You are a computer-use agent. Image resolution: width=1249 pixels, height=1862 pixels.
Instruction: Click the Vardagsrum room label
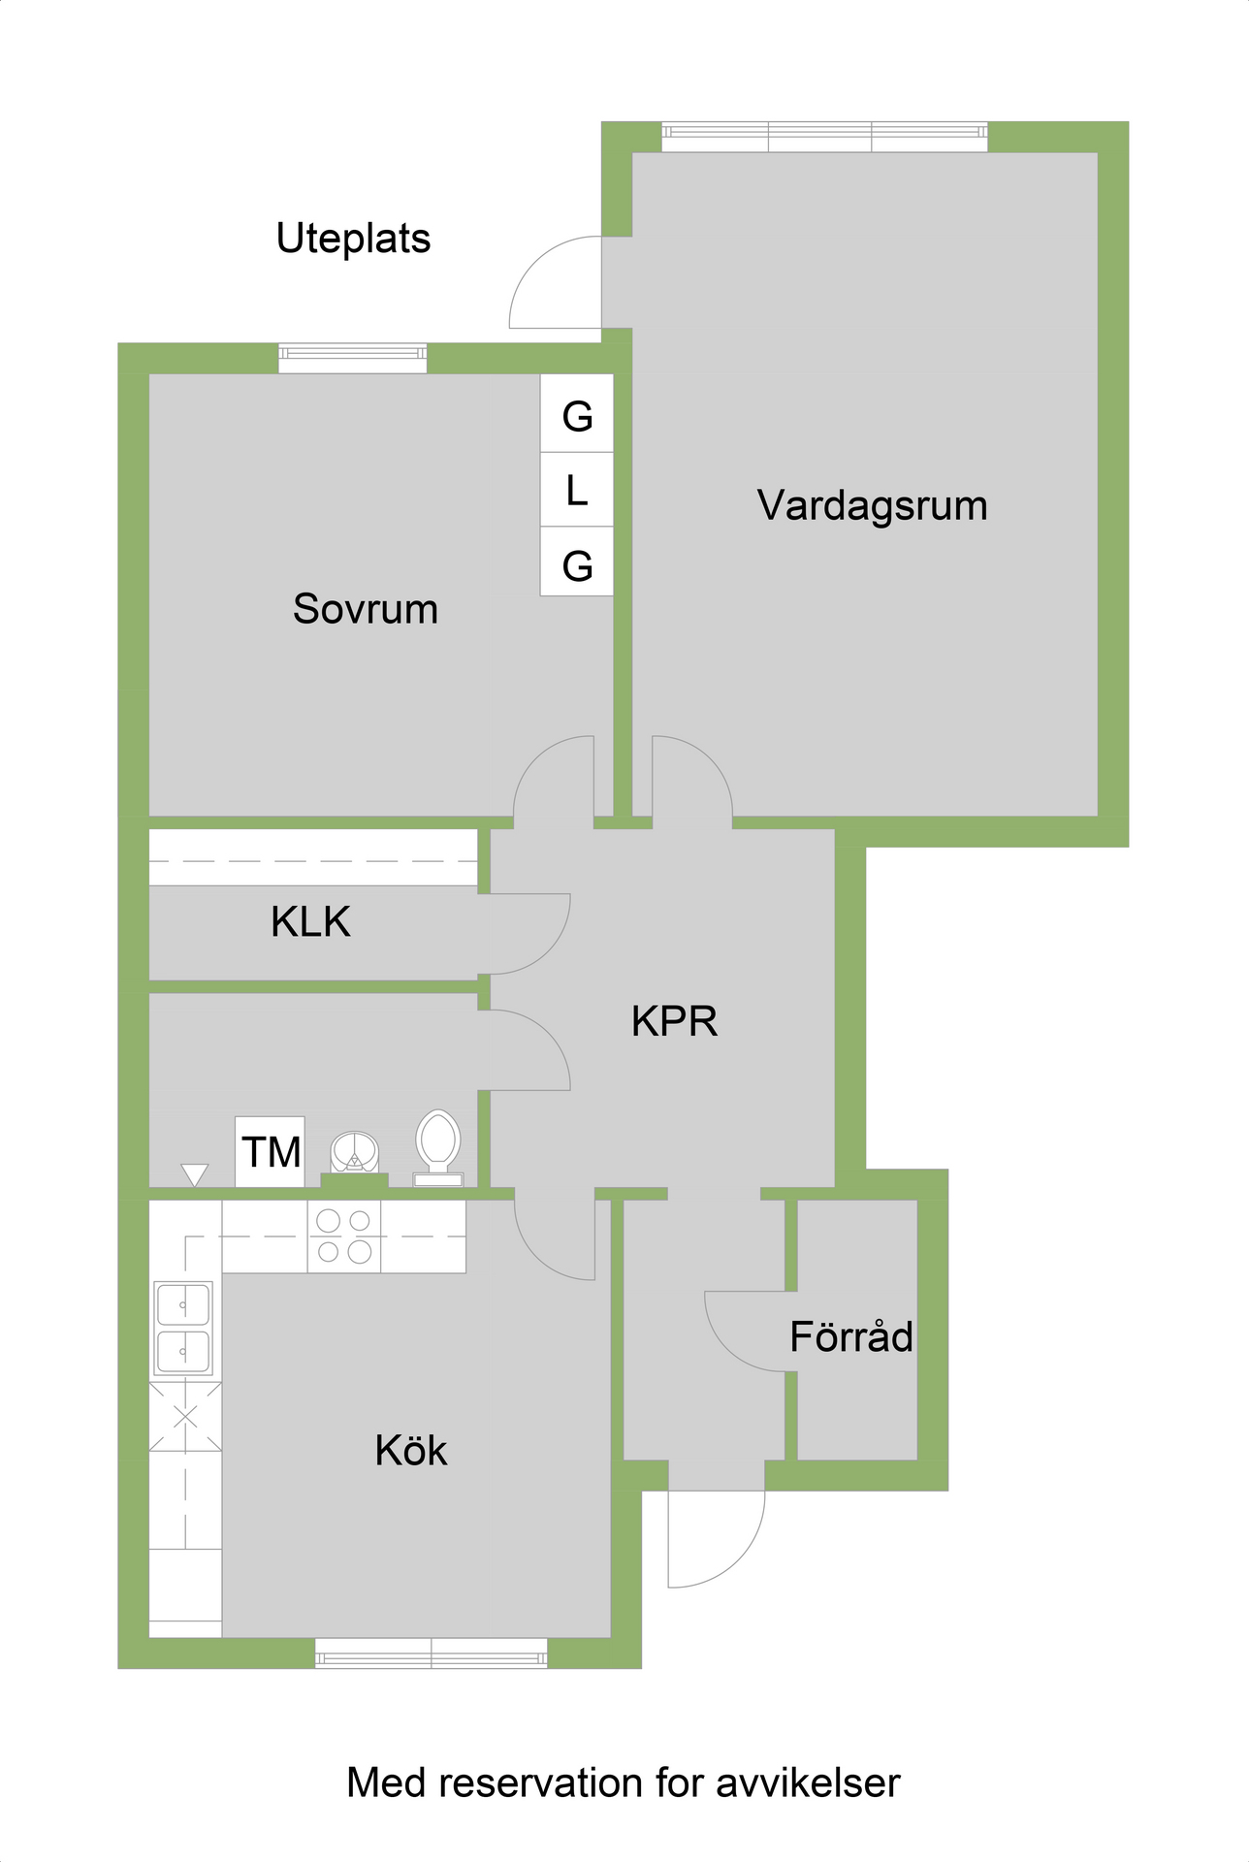point(872,506)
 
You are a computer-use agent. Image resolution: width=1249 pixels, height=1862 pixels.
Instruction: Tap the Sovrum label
point(366,609)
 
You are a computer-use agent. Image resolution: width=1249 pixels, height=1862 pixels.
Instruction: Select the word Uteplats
point(353,239)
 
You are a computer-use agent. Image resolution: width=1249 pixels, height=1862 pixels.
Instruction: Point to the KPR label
point(675,1021)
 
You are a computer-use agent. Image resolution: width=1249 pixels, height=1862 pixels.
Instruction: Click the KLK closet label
point(310,921)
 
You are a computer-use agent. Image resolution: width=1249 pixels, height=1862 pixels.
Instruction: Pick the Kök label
point(411,1450)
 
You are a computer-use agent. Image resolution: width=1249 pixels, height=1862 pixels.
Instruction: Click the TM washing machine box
point(271,1151)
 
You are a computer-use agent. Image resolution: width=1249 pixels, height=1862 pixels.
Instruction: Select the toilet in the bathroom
point(437,1147)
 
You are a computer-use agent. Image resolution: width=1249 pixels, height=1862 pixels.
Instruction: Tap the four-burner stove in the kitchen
point(344,1236)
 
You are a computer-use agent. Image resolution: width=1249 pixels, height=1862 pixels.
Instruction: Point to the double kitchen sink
point(183,1328)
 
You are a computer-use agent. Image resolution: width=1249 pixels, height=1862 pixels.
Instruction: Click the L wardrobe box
point(577,490)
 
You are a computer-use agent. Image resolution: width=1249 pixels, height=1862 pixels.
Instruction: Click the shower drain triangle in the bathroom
point(195,1174)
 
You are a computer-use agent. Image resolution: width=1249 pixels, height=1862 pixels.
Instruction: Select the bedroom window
point(353,358)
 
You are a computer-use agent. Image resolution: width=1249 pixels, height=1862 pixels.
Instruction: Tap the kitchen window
point(432,1653)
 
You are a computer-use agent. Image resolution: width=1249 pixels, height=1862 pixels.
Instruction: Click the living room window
point(825,137)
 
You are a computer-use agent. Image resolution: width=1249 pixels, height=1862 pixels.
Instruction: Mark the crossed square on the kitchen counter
point(185,1417)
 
